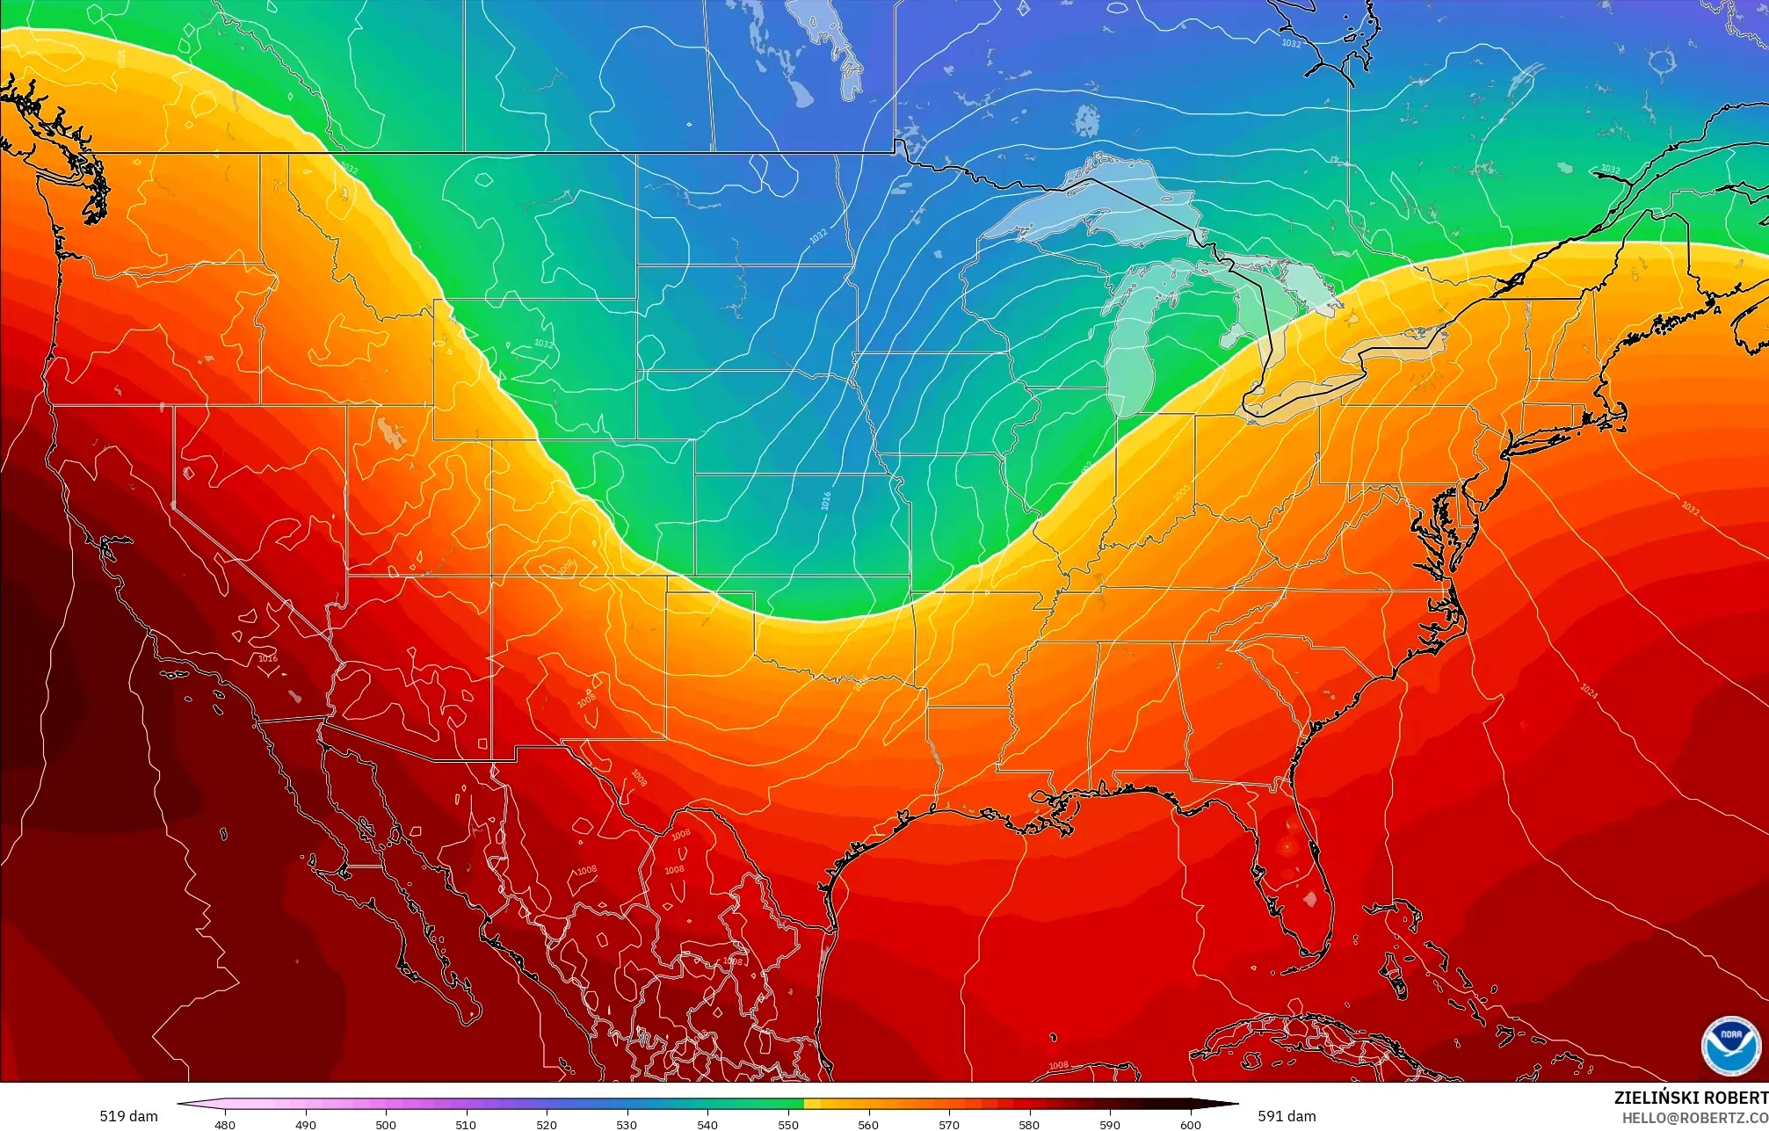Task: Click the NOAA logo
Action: coord(1730,1046)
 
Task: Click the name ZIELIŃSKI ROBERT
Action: coord(1690,1098)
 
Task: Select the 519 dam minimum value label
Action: coord(128,1116)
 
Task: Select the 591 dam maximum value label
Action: coord(1287,1116)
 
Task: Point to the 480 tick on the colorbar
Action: coord(225,1124)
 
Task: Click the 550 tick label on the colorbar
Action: coord(788,1124)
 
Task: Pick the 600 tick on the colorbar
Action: coord(1190,1124)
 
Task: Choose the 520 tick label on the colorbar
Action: coord(547,1124)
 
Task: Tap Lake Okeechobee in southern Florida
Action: coord(1310,899)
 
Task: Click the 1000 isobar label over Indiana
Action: coord(1181,492)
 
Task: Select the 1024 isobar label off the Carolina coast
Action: coord(1589,692)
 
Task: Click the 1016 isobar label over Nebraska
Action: coord(826,500)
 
